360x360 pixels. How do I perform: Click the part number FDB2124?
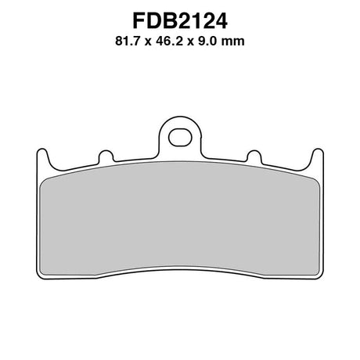pyautogui.click(x=180, y=21)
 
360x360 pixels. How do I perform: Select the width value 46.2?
pyautogui.click(x=169, y=41)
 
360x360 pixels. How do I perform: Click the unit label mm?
pyautogui.click(x=233, y=42)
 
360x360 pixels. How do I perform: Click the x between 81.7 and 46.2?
pyautogui.click(x=148, y=42)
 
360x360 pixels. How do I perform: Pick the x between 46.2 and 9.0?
pyautogui.click(x=190, y=42)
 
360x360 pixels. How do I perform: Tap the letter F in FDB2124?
pyautogui.click(x=139, y=21)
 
